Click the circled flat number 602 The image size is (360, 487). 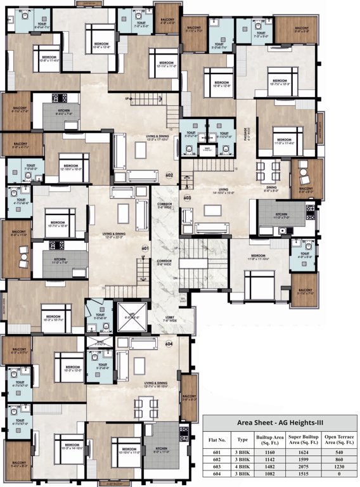(169, 176)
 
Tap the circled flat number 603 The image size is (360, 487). (187, 198)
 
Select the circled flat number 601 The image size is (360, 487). (145, 248)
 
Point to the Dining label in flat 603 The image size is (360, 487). (271, 188)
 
